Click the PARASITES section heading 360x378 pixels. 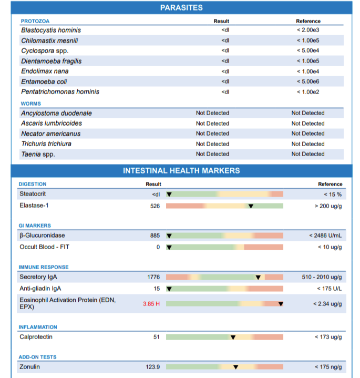pyautogui.click(x=181, y=8)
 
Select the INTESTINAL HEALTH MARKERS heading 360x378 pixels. pyautogui.click(x=181, y=171)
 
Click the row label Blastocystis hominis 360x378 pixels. pyautogui.click(x=51, y=30)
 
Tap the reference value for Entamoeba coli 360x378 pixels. pyautogui.click(x=308, y=81)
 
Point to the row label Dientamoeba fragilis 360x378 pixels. pyautogui.click(x=52, y=61)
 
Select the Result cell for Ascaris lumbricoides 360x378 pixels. pyautogui.click(x=212, y=124)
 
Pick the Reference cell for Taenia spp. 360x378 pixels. pyautogui.click(x=308, y=154)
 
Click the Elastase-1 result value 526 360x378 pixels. pyautogui.click(x=155, y=206)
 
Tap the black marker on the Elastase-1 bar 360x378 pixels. pyautogui.click(x=251, y=206)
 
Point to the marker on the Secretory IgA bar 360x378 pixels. pyautogui.click(x=258, y=277)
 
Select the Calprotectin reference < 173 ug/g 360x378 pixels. pyautogui.click(x=328, y=337)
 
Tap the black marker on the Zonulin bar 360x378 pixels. pyautogui.click(x=235, y=367)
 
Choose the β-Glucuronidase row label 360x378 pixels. pyautogui.click(x=42, y=236)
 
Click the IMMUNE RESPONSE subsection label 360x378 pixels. pyautogui.click(x=44, y=267)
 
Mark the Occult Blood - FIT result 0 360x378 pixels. pyautogui.click(x=158, y=247)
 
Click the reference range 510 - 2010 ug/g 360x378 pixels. pyautogui.click(x=322, y=277)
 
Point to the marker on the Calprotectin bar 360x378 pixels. pyautogui.click(x=233, y=337)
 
